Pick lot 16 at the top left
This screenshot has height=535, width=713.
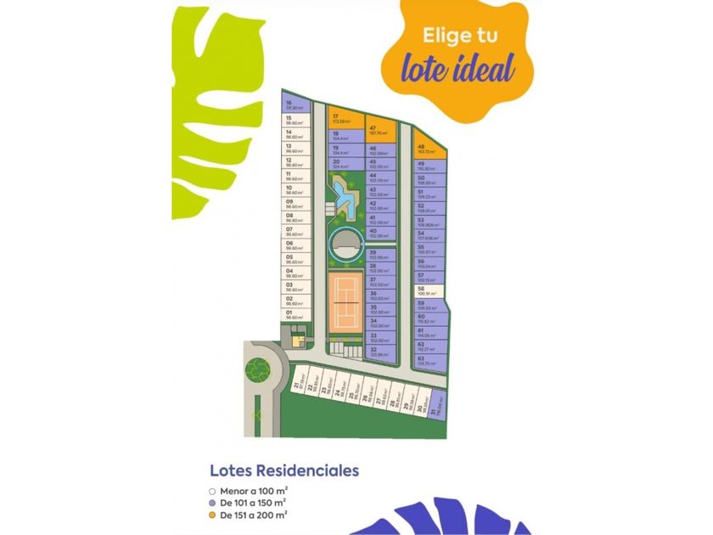(x=295, y=106)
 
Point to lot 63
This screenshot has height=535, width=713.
(x=431, y=360)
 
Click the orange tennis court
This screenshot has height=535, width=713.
(x=348, y=297)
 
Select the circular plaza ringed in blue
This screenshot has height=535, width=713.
(x=345, y=244)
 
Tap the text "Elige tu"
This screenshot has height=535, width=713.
(x=459, y=36)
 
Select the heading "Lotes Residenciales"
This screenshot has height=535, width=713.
(x=284, y=470)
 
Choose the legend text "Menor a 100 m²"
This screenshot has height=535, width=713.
(x=254, y=490)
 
